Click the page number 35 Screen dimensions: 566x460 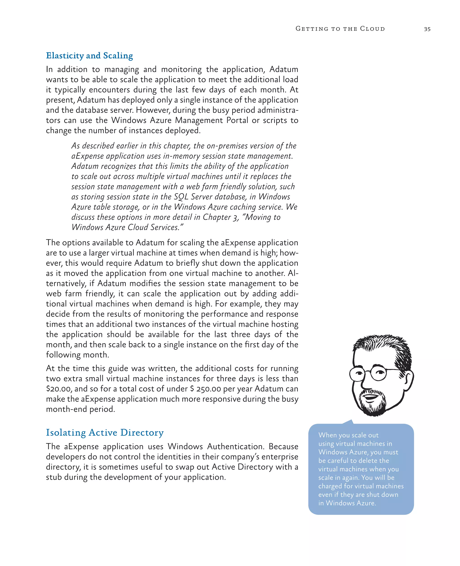pyautogui.click(x=427, y=29)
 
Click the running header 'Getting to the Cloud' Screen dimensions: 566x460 pyautogui.click(x=340, y=29)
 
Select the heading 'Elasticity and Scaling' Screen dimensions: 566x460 pyautogui.click(x=89, y=56)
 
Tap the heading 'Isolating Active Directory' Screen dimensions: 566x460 pyautogui.click(x=105, y=432)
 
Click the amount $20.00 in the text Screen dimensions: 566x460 pyautogui.click(x=59, y=389)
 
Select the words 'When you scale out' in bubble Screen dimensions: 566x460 pyautogui.click(x=348, y=435)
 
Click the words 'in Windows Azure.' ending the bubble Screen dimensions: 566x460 pyautogui.click(x=347, y=503)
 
